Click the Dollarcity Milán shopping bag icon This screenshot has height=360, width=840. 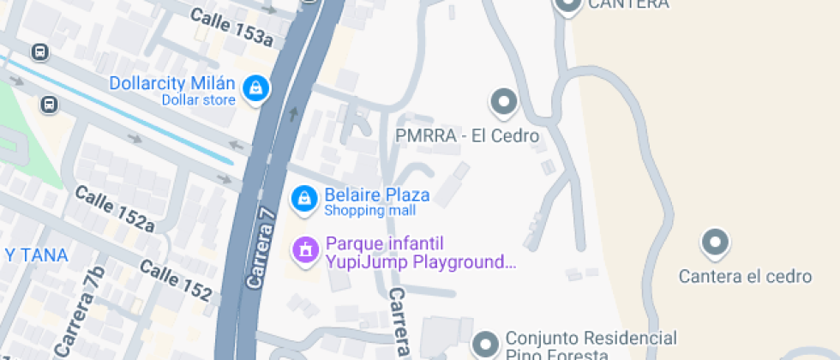(x=255, y=88)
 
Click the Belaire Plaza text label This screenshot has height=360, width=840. (x=376, y=195)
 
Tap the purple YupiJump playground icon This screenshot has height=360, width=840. (x=303, y=249)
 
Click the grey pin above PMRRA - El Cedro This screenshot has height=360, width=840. (x=503, y=103)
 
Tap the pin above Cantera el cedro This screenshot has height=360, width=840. (x=715, y=243)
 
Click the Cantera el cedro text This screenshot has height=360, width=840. (x=745, y=276)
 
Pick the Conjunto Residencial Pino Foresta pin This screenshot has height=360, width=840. (x=486, y=345)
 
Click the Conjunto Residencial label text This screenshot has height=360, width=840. (x=591, y=338)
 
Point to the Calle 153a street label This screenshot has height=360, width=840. (x=231, y=27)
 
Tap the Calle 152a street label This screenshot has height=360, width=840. (x=114, y=208)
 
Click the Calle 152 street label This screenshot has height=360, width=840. (x=175, y=280)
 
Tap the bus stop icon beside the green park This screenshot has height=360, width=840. (x=49, y=105)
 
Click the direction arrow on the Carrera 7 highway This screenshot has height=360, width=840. (x=294, y=113)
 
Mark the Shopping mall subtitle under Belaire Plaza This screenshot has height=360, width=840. (x=369, y=212)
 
